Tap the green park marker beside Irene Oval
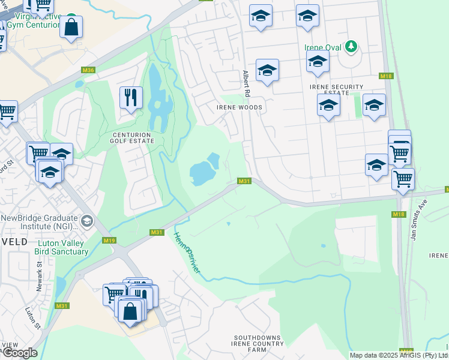coord(352,46)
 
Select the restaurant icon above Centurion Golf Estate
coord(131,97)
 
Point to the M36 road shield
coord(88,70)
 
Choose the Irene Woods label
coord(239,107)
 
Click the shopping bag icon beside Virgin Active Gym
coord(71,27)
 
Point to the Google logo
coord(19,353)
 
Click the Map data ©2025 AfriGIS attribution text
coord(398,355)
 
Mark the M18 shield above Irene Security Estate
coord(386,76)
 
